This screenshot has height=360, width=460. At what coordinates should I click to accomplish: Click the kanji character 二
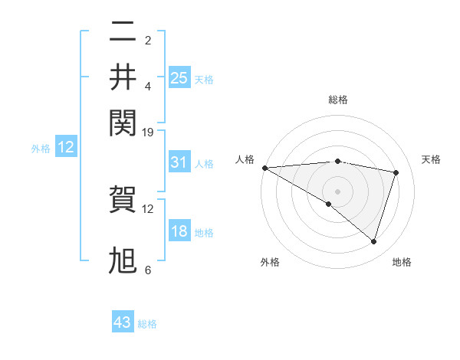point(123,32)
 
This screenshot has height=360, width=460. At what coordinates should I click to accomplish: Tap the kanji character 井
point(123,77)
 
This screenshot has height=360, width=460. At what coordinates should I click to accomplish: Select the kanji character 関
point(123,121)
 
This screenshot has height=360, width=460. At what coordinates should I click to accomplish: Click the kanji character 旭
point(123,260)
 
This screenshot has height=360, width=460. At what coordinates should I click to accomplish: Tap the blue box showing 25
point(179,78)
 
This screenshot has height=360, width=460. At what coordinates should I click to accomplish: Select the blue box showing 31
point(179,162)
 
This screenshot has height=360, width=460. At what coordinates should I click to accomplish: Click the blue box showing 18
point(179,232)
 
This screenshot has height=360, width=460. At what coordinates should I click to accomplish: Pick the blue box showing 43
point(123,322)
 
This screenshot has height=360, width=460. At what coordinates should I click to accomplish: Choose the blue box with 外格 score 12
point(66,148)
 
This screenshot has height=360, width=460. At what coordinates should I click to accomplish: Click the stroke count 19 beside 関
point(149,133)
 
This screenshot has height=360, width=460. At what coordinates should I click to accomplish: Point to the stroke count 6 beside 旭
point(147,270)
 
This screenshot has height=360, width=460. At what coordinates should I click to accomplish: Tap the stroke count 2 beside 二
point(147,41)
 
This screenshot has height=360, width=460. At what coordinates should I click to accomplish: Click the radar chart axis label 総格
point(337,100)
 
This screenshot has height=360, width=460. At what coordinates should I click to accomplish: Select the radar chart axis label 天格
point(431,159)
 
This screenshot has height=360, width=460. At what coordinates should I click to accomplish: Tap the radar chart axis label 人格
point(245,159)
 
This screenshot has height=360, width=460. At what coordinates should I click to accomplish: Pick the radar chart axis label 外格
point(270,262)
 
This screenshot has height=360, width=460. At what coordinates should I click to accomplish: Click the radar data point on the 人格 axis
point(264,167)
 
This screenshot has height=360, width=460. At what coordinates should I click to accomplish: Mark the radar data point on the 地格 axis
point(373,241)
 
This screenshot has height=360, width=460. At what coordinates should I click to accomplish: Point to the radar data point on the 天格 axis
point(396,172)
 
